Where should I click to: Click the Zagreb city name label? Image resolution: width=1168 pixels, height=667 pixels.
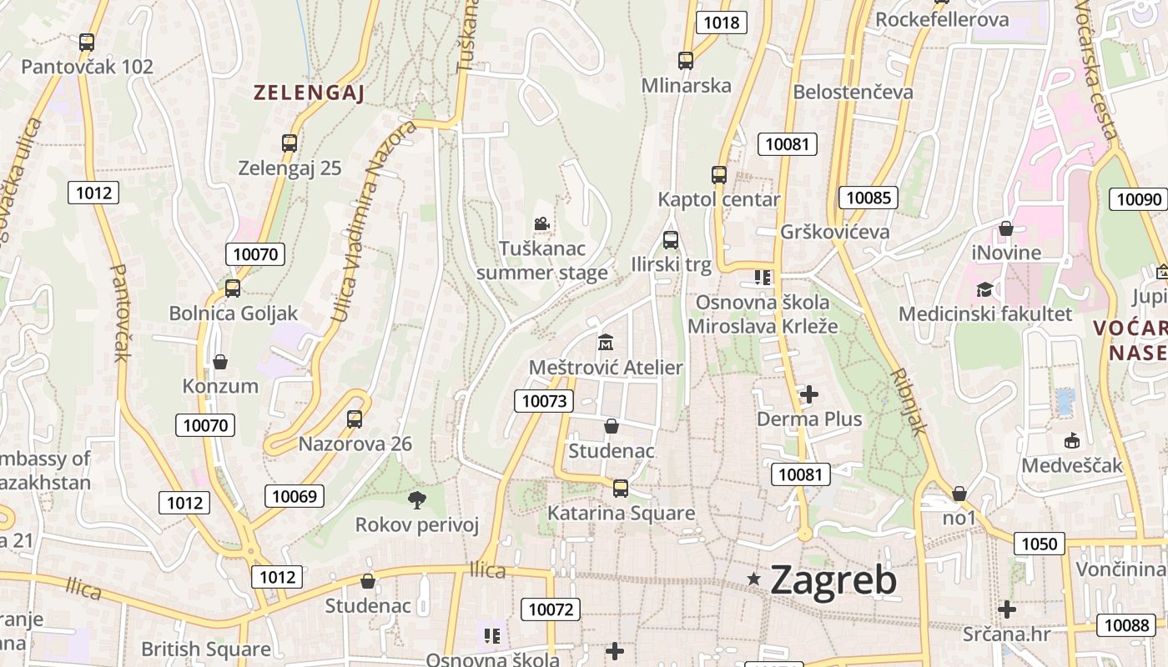click(x=833, y=579)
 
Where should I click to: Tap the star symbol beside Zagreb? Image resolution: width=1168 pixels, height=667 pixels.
click(x=754, y=579)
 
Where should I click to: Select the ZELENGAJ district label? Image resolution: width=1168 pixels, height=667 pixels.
click(x=310, y=93)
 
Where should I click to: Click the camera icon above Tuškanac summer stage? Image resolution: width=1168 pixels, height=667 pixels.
click(x=541, y=223)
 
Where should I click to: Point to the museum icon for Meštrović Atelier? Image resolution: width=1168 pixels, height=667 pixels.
click(x=606, y=343)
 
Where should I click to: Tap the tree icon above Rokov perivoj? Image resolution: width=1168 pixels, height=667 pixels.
click(x=416, y=500)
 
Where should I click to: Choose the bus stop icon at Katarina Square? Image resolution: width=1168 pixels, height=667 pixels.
click(x=620, y=489)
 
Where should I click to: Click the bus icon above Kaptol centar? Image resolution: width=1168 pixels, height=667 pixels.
click(x=719, y=175)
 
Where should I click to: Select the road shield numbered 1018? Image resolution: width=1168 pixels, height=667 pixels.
click(x=721, y=23)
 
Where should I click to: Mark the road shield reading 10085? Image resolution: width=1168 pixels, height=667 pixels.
click(x=868, y=198)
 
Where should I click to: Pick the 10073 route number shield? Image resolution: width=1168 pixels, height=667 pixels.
click(x=544, y=401)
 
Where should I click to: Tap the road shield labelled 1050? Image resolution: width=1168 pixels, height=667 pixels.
click(x=1039, y=544)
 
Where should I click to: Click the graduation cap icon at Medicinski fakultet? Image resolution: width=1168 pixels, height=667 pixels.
click(x=985, y=289)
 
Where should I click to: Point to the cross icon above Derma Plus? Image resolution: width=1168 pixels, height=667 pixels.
click(x=808, y=394)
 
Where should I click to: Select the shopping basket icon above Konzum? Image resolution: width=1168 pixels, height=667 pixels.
click(x=220, y=362)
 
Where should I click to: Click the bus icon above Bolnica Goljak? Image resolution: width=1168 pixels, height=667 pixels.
click(x=233, y=288)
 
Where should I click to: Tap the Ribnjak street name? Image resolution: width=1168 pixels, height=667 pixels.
click(x=909, y=401)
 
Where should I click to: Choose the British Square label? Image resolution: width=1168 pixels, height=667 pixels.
click(x=205, y=649)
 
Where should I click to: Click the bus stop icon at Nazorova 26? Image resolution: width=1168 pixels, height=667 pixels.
click(x=355, y=419)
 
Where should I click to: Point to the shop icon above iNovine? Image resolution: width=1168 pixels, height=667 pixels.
click(x=1006, y=228)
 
